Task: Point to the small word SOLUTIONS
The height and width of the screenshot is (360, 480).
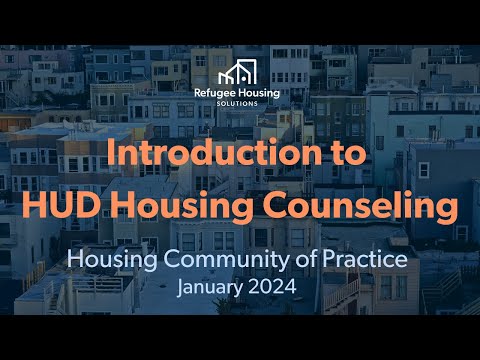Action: (240, 104)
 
